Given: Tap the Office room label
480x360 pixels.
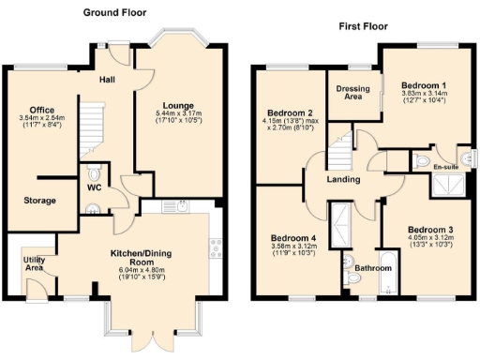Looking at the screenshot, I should (41, 110).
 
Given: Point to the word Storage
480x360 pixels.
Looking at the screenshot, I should (40, 201).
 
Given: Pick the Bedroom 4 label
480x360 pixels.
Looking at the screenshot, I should (293, 238).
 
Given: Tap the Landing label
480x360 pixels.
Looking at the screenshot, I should (344, 180).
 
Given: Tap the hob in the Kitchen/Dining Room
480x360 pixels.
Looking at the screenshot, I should (214, 247).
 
